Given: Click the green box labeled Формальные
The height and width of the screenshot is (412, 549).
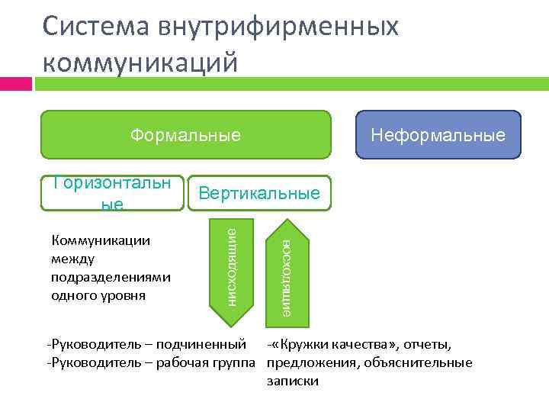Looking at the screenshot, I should [x=185, y=136].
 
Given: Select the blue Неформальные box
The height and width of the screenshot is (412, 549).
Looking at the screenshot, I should [x=438, y=135].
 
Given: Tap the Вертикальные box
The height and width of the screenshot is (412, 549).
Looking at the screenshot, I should [x=258, y=193].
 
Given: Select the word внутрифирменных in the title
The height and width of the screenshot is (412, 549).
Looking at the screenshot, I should [x=279, y=27].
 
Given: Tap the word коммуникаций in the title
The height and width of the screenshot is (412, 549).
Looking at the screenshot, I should [x=140, y=61].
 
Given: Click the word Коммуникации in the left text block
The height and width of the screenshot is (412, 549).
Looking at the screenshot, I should [x=100, y=241].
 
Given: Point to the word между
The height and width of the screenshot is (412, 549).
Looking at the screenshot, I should [x=72, y=259].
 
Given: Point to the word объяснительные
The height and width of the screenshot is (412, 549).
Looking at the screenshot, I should [x=431, y=362].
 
